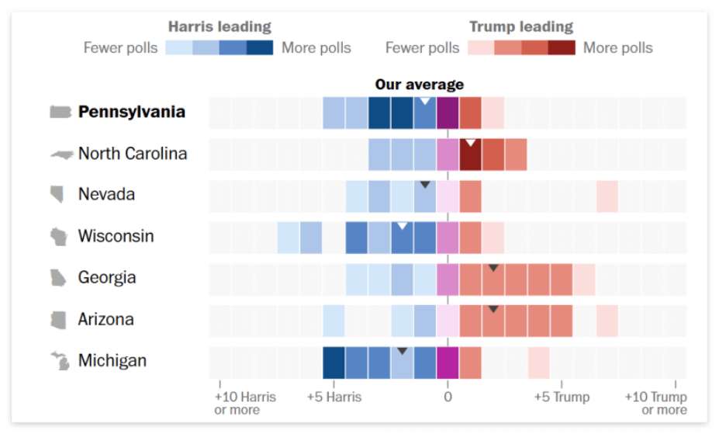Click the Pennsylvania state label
point(131,112)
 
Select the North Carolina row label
point(132,154)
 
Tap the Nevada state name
point(106,194)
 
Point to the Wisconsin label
point(116,236)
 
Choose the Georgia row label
point(107,277)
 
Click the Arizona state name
point(105,319)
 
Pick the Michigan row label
point(112,361)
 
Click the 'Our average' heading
point(419,84)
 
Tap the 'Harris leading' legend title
point(219,27)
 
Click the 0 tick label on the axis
point(448,398)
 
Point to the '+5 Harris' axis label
point(334,398)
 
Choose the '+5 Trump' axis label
point(562,398)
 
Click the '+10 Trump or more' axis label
point(656,403)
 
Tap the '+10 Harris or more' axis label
point(245,403)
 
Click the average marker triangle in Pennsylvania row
point(425,102)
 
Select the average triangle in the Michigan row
point(402,351)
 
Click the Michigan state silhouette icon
point(60,361)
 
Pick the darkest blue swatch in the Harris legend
point(260,48)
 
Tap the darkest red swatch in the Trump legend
point(562,48)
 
